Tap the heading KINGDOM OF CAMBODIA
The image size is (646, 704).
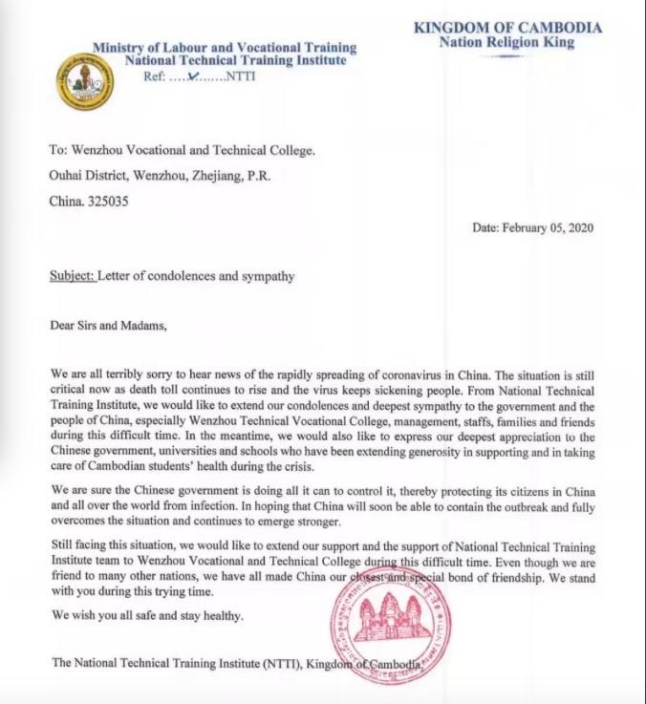point(507,28)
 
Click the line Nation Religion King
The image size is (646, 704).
point(506,42)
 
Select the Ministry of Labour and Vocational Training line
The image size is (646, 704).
point(225,47)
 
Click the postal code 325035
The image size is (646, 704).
point(108,201)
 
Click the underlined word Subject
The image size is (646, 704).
point(72,277)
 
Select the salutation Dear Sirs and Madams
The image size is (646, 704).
point(108,325)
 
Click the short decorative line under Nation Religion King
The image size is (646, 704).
point(506,56)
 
